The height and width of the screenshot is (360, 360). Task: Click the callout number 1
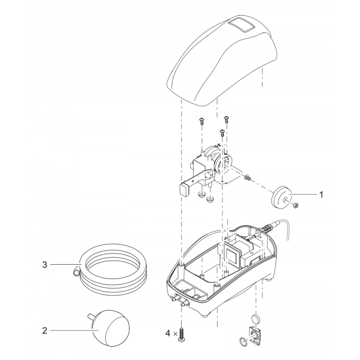[x=321, y=195]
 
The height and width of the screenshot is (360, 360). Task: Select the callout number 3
[x=45, y=265]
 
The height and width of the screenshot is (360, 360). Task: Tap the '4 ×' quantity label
[x=170, y=334]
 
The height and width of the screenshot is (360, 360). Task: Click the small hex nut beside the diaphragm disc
[x=296, y=205]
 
